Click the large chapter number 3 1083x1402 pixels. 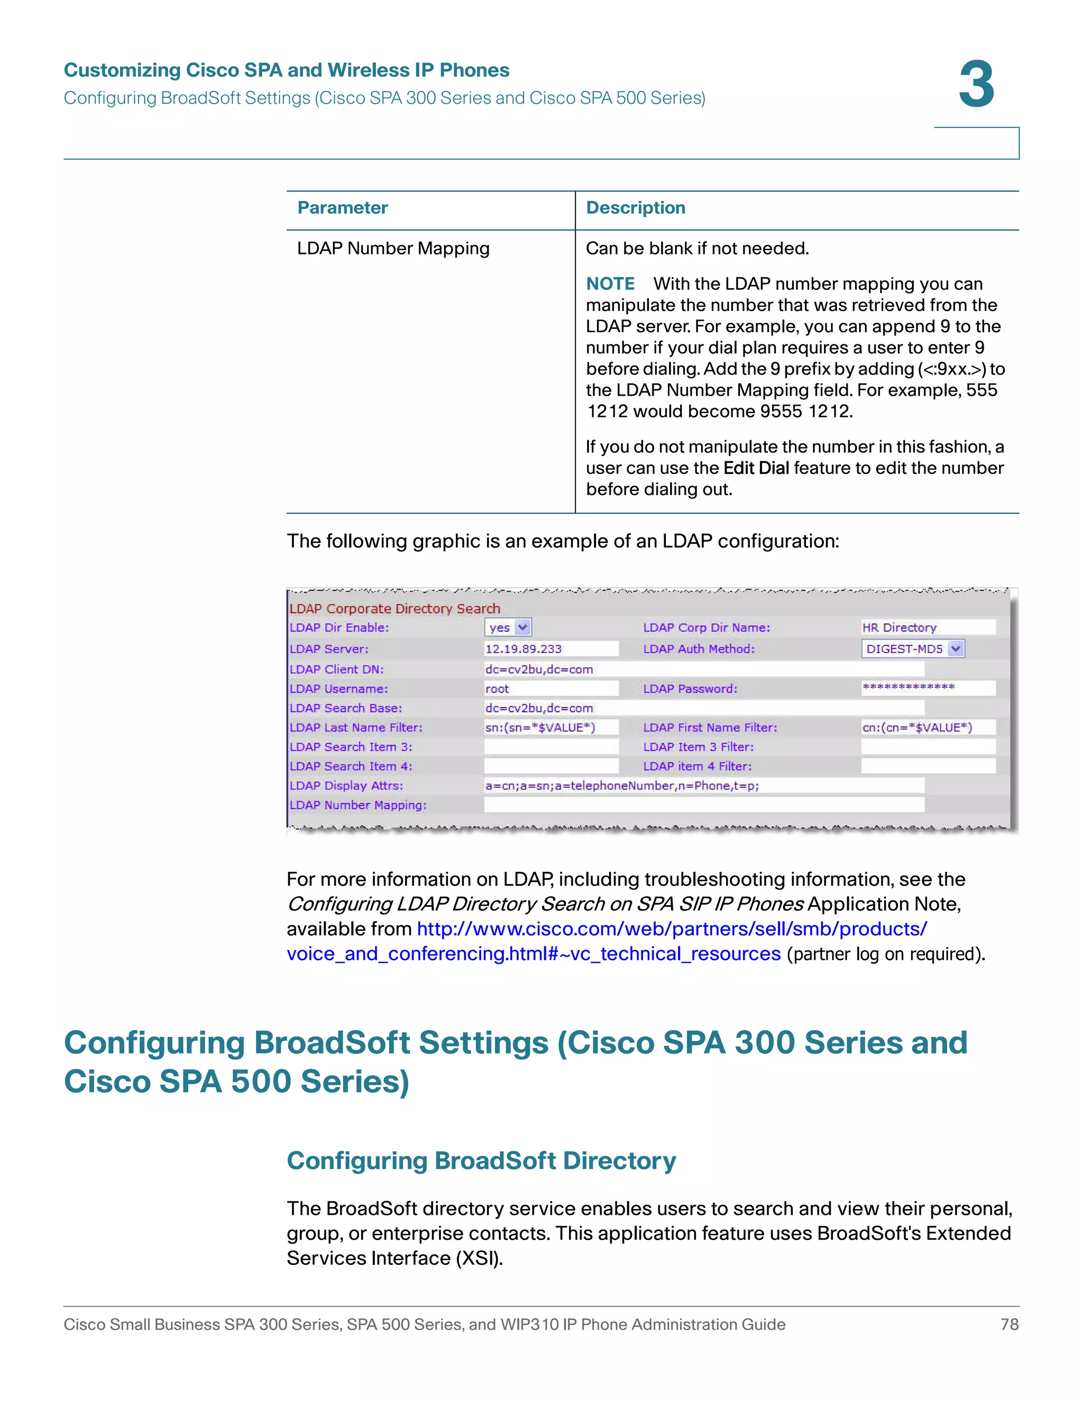point(976,85)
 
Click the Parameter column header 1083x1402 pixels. point(342,208)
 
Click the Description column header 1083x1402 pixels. point(635,208)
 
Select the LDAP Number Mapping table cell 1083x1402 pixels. point(393,249)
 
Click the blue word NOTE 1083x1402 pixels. point(610,284)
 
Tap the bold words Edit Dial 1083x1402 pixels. point(756,468)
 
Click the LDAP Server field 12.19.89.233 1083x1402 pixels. point(550,649)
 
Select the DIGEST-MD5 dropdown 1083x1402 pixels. point(912,649)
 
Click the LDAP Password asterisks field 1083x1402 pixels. point(927,688)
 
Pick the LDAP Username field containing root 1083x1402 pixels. point(550,689)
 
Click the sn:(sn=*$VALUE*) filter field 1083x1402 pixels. point(550,727)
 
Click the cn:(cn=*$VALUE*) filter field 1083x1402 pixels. point(927,727)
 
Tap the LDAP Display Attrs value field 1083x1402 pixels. point(703,786)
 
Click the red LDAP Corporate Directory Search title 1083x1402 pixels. point(394,608)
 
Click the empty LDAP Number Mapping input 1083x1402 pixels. point(703,805)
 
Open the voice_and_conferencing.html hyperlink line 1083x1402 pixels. point(533,954)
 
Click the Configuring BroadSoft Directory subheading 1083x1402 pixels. point(481,1161)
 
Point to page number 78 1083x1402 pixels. point(1009,1324)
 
